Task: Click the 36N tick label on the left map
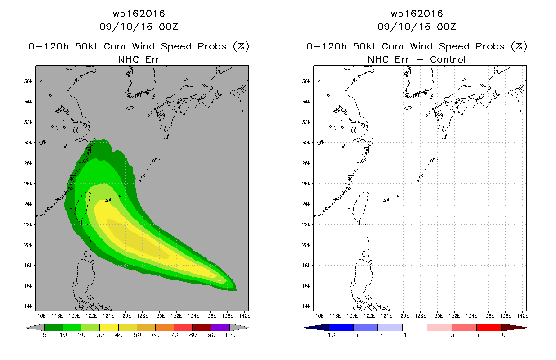[x=28, y=81]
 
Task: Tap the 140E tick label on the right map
[x=523, y=316]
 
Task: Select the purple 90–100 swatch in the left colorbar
[x=220, y=327]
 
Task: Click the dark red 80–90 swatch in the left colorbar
[x=202, y=327]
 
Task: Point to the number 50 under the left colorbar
[x=137, y=335]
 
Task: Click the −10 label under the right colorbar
[x=329, y=335]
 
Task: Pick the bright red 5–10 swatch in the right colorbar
[x=489, y=327]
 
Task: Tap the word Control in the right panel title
[x=448, y=59]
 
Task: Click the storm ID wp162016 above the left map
[x=139, y=13]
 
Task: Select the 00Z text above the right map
[x=446, y=27]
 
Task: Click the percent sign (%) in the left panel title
[x=241, y=46]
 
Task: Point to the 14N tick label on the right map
[x=306, y=306]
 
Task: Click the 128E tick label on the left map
[x=142, y=316]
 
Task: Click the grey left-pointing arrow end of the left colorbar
[x=35, y=327]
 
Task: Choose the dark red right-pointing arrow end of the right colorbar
[x=514, y=327]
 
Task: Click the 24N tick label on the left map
[x=28, y=204]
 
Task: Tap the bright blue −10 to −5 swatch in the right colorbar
[x=341, y=327]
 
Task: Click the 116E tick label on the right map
[x=318, y=316]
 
